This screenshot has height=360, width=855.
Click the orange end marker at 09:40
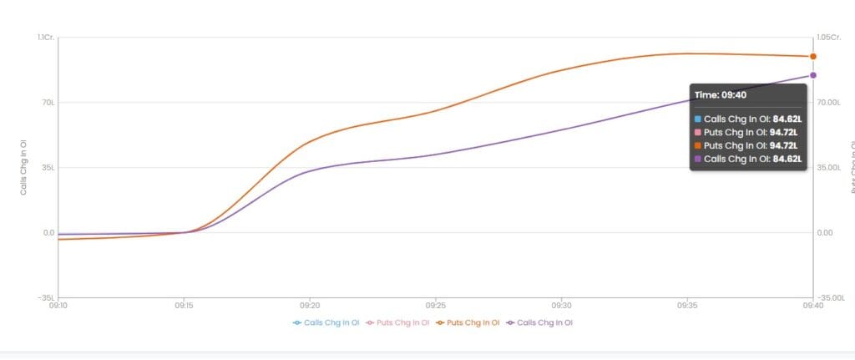pos(812,57)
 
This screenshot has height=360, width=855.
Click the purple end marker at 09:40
pos(812,75)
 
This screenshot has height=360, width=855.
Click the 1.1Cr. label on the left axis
pos(46,38)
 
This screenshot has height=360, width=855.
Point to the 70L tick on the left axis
pos(48,103)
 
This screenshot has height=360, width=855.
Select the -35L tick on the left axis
pos(47,297)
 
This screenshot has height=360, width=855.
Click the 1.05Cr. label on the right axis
pos(829,38)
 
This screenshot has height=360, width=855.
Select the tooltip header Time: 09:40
pos(721,94)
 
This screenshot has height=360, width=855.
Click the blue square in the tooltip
pos(699,119)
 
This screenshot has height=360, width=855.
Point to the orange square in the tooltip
pos(699,145)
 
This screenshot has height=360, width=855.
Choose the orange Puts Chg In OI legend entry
pos(468,322)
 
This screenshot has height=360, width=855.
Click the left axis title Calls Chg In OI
pos(24,167)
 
